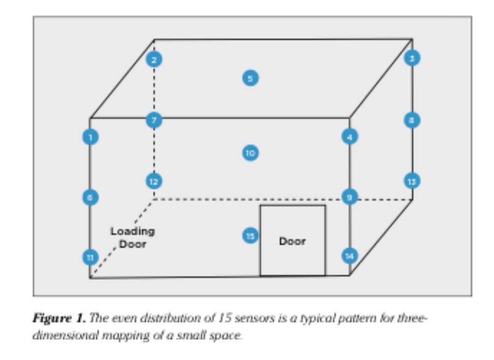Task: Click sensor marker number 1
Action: pyautogui.click(x=90, y=137)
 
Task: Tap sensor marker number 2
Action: pyautogui.click(x=154, y=60)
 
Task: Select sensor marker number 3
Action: pyautogui.click(x=412, y=58)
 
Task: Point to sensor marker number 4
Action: pyautogui.click(x=350, y=137)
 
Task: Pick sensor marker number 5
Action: pyautogui.click(x=250, y=78)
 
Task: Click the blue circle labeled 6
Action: pyautogui.click(x=90, y=197)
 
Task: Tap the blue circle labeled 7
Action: pyautogui.click(x=154, y=121)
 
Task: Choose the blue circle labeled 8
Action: pyautogui.click(x=412, y=120)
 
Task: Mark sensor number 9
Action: pyautogui.click(x=350, y=197)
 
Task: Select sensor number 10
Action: pyautogui.click(x=250, y=153)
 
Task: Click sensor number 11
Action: pyautogui.click(x=90, y=257)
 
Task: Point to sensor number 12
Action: pyautogui.click(x=154, y=181)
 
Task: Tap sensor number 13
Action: pyautogui.click(x=412, y=181)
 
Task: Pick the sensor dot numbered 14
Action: pyautogui.click(x=350, y=255)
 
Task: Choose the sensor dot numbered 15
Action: pyautogui.click(x=250, y=236)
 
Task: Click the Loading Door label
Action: pyautogui.click(x=132, y=238)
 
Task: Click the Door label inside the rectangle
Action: pyautogui.click(x=292, y=241)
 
